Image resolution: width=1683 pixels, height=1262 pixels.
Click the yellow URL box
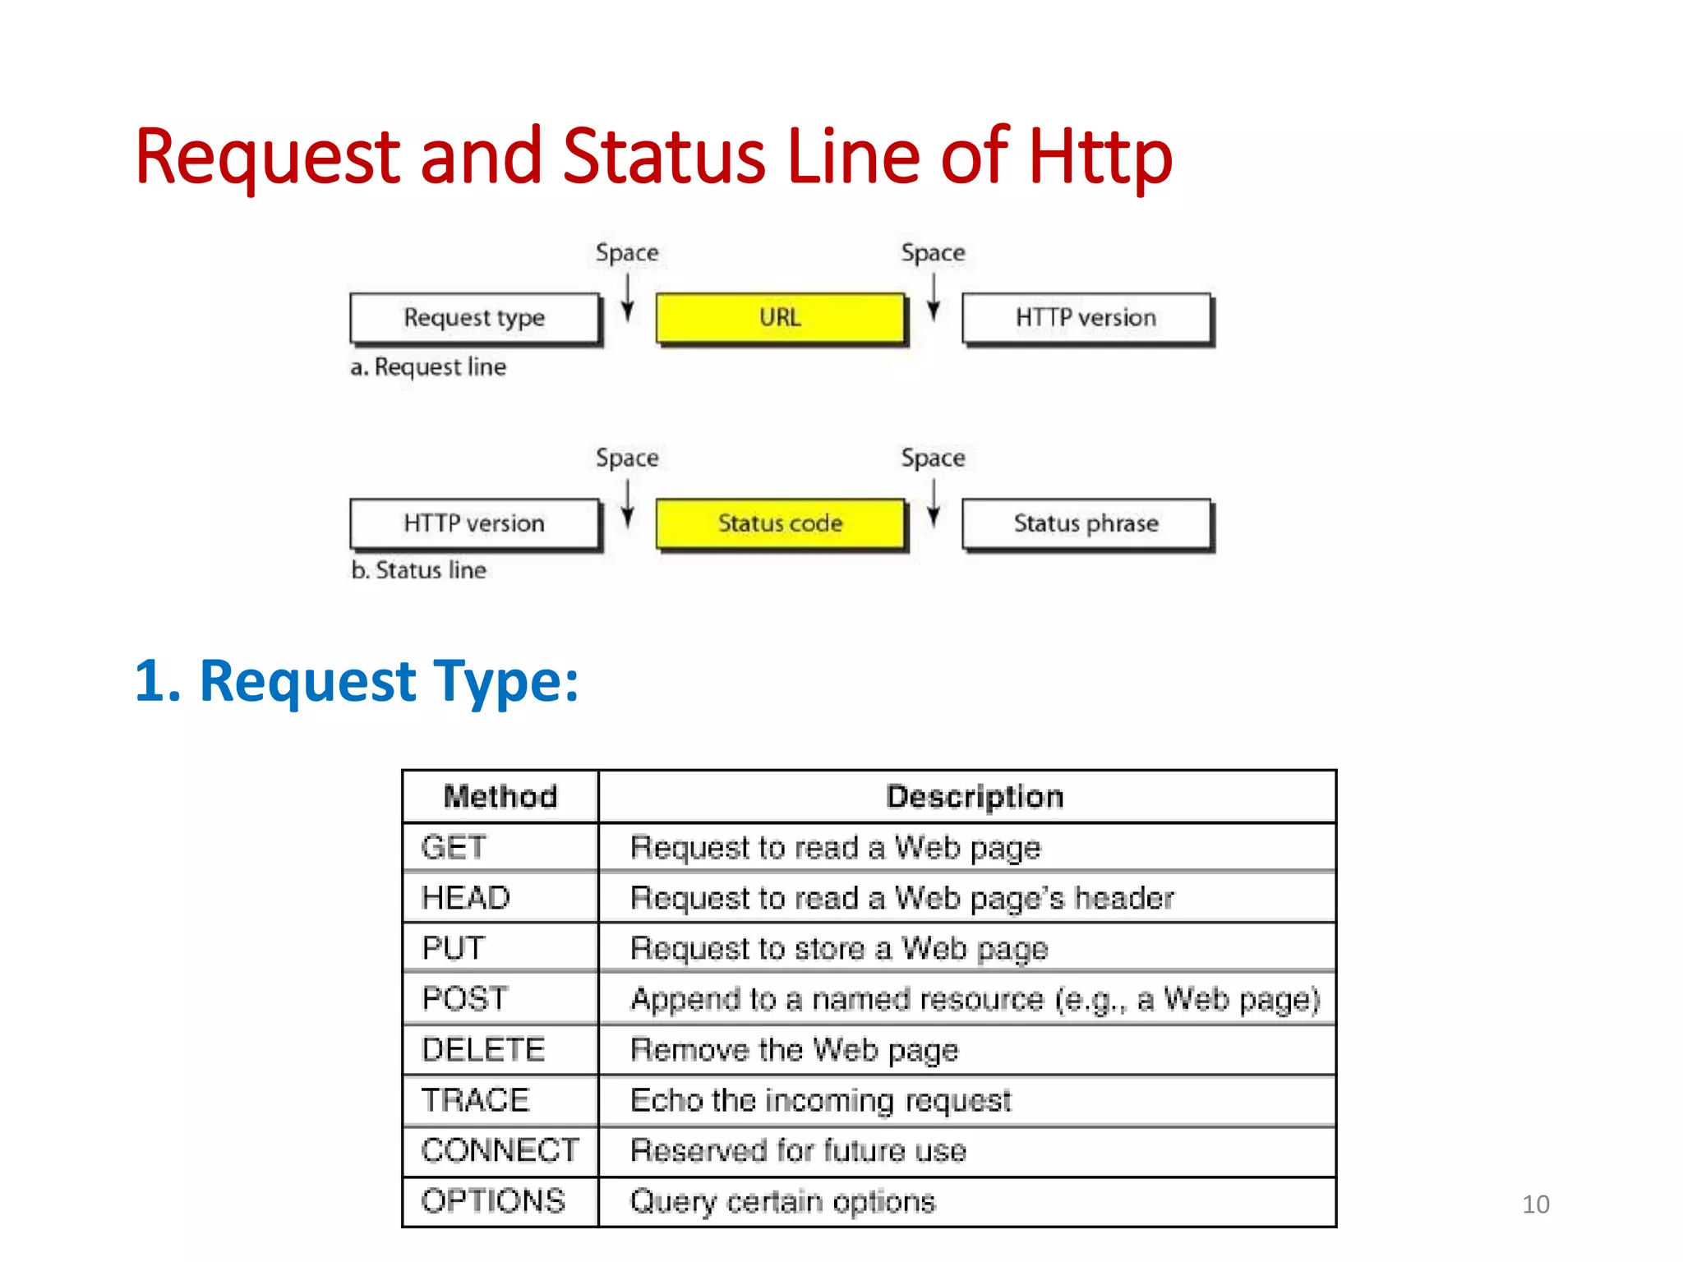pos(780,318)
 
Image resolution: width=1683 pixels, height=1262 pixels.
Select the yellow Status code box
pos(780,523)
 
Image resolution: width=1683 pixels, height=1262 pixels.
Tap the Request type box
pos(474,318)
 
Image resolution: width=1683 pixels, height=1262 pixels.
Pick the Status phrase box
pos(1086,523)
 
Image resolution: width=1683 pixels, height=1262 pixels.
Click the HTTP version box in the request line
pos(1086,318)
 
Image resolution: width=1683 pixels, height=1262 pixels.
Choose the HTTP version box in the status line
pos(474,523)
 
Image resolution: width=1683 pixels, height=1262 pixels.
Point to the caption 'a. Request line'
pos(428,367)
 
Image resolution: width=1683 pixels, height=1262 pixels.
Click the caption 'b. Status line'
pos(418,570)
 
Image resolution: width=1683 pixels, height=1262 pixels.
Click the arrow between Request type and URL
pos(627,297)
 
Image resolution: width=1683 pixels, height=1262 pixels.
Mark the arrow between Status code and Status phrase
pos(934,503)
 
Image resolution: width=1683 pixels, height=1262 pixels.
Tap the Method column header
pos(500,797)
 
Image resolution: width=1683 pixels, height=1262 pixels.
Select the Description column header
pos(975,797)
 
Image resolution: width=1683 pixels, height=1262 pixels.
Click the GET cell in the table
pos(454,847)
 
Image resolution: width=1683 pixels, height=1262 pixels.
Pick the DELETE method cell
pos(483,1050)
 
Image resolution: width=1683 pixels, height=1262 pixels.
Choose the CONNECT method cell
pos(500,1150)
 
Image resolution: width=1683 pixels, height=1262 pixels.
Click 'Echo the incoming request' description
pos(820,1101)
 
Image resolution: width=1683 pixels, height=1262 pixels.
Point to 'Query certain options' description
pos(782,1202)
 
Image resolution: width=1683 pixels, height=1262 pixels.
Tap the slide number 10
pos(1535,1204)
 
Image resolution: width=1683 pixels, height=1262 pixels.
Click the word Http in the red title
pos(1100,157)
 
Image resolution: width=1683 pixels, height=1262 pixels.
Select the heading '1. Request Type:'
pos(357,681)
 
